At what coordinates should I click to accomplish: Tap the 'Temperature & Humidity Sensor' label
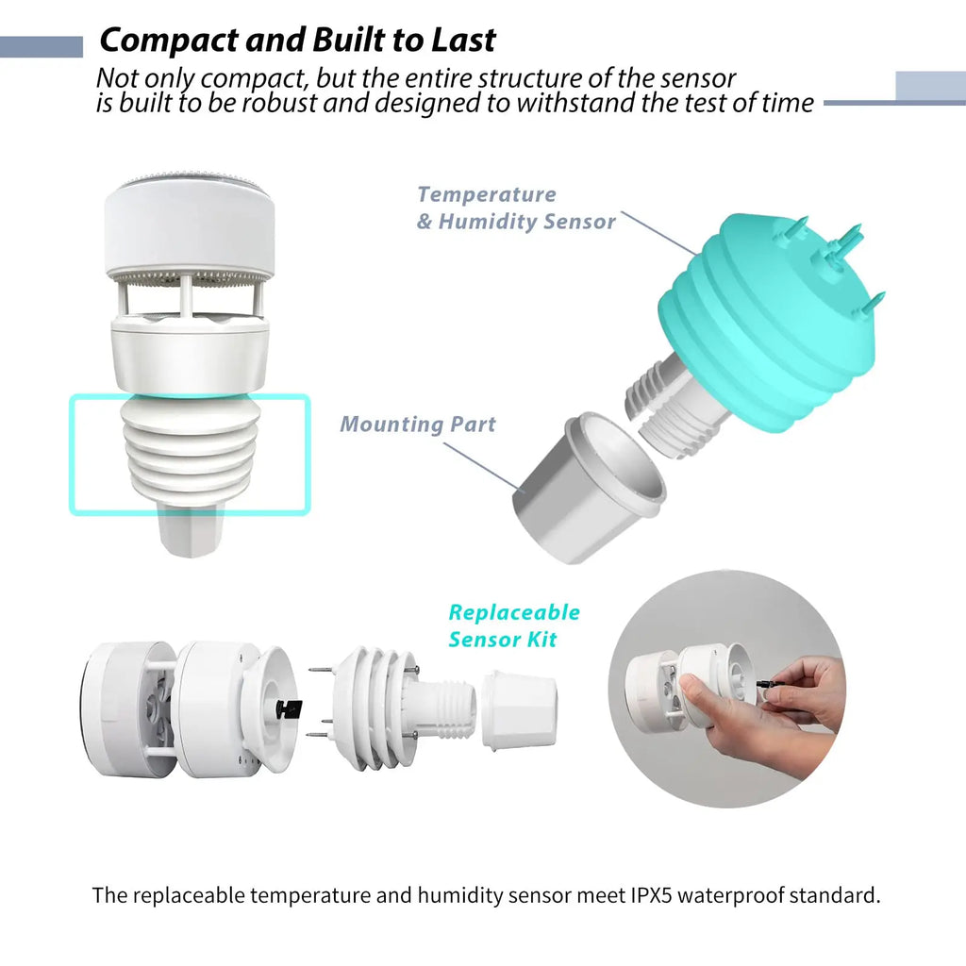pos(516,208)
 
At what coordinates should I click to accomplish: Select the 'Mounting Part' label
pos(418,424)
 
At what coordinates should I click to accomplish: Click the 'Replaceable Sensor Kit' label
pos(514,625)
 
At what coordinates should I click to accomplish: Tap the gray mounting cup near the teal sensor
pos(589,487)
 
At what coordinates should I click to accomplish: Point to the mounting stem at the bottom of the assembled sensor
pos(190,531)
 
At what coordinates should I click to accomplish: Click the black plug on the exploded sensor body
pos(288,709)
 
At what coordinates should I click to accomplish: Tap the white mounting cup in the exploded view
pos(519,712)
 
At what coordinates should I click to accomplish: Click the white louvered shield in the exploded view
pos(372,708)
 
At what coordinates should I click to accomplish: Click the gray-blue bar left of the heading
pos(42,47)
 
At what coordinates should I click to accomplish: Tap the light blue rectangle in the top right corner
pos(930,86)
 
